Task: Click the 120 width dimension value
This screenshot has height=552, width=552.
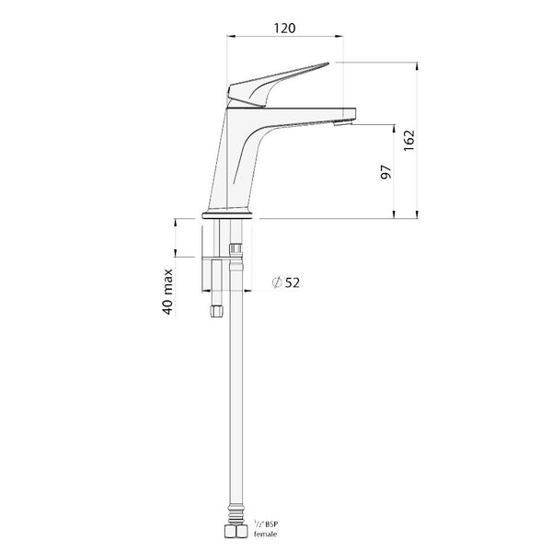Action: [284, 28]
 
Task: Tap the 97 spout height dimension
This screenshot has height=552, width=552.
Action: [386, 171]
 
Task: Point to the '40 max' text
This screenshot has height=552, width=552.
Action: [168, 290]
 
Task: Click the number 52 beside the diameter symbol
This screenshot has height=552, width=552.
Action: [292, 282]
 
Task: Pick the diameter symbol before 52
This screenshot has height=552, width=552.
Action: [276, 282]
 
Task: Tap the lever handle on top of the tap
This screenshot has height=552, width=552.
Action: [276, 80]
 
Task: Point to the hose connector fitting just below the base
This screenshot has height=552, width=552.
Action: [236, 249]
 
